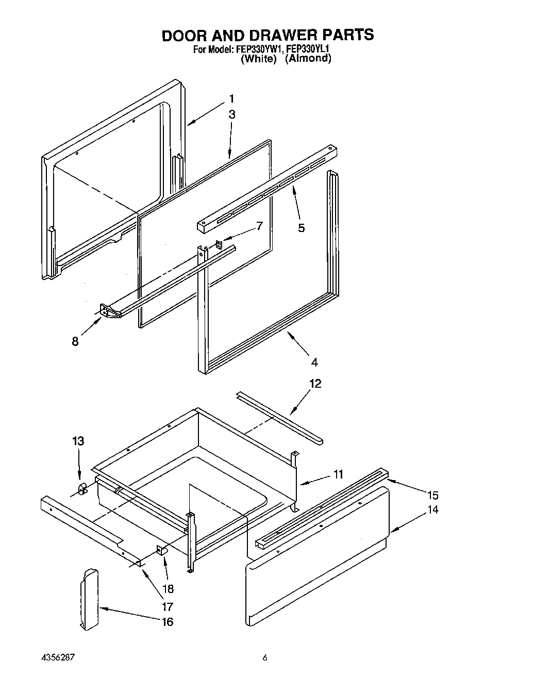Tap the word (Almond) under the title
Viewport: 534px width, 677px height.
[308, 58]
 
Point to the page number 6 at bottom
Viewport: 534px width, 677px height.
[265, 658]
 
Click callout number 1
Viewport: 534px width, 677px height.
[232, 98]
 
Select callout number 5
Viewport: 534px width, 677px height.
[301, 227]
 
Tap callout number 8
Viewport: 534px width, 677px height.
[75, 341]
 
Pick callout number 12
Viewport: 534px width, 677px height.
[315, 384]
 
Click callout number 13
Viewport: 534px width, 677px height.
[78, 441]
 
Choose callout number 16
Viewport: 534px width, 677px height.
[167, 622]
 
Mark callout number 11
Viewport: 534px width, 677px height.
[338, 474]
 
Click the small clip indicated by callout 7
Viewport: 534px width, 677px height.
[219, 243]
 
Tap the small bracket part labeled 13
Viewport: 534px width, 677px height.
[81, 488]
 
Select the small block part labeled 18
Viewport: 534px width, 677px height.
[162, 551]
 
